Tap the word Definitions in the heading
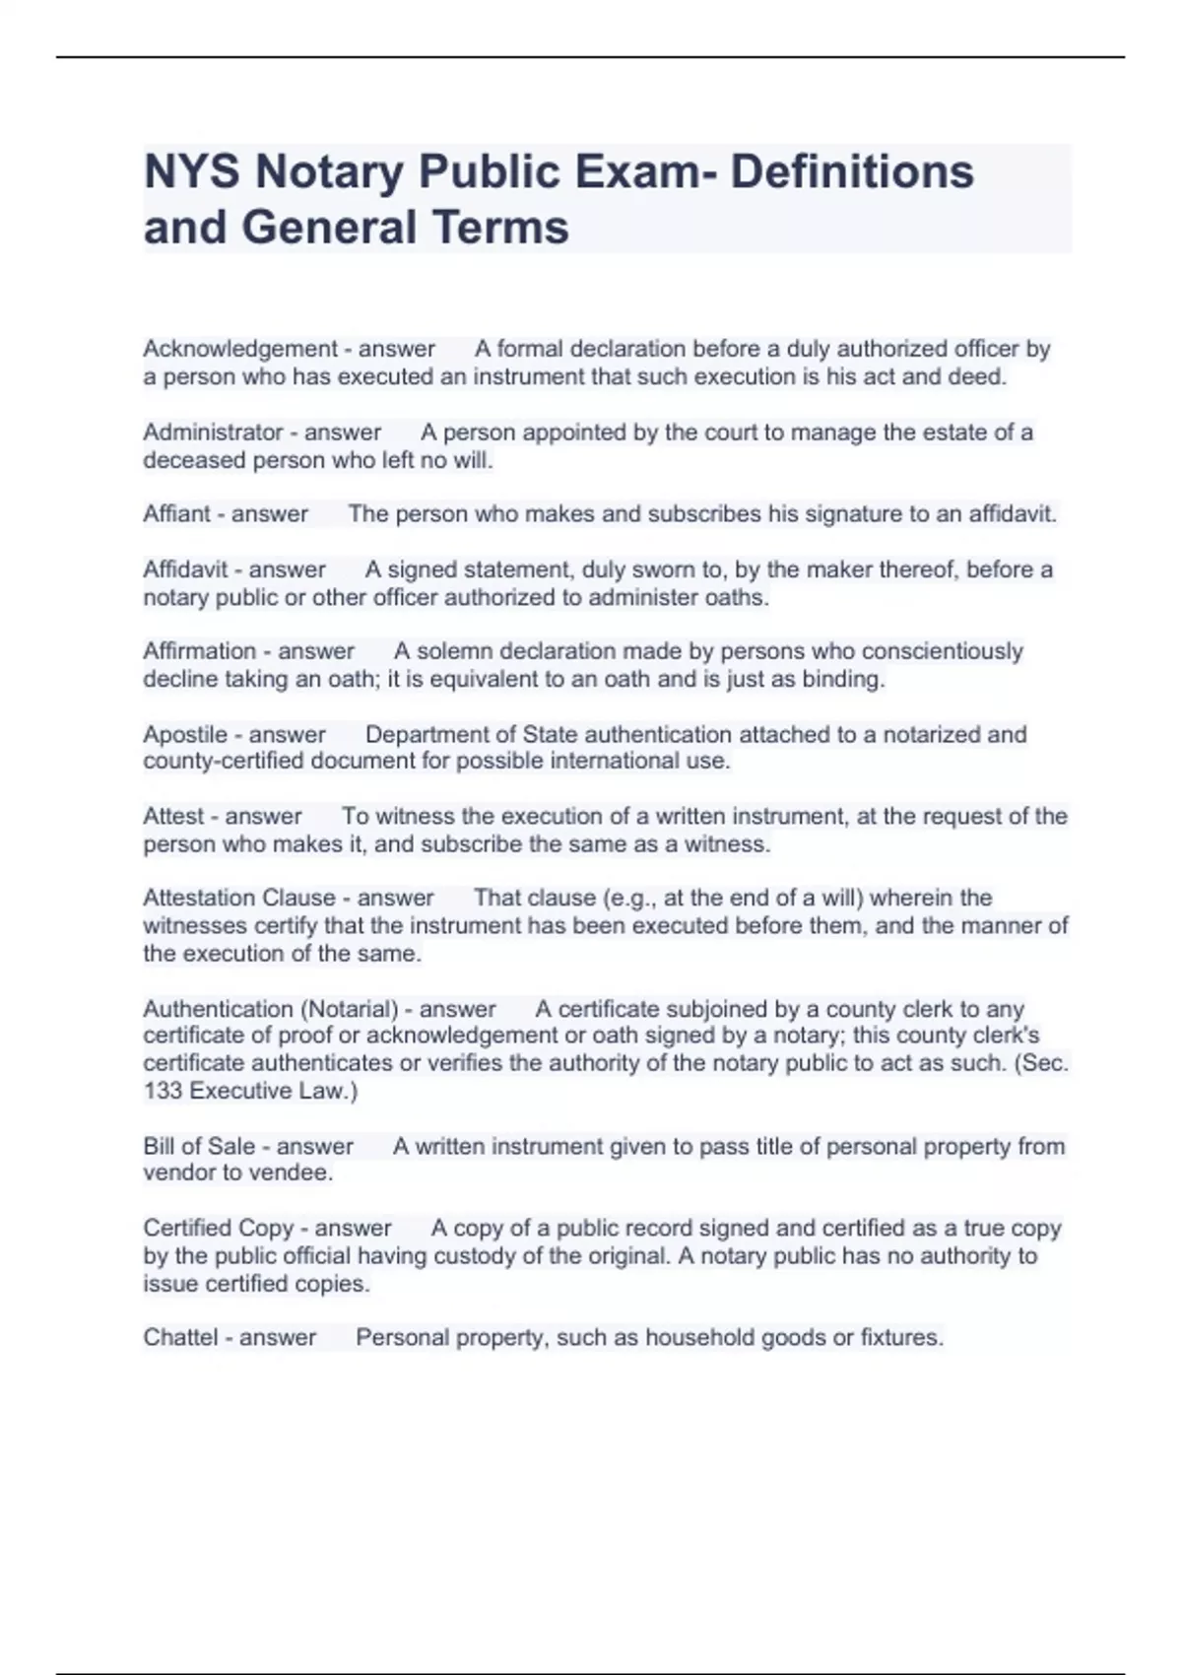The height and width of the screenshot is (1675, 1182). (x=852, y=172)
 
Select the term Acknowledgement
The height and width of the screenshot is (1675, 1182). (x=240, y=349)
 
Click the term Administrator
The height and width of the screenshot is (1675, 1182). (x=213, y=433)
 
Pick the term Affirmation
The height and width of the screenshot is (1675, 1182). (x=199, y=651)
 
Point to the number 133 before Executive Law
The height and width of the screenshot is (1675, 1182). (x=163, y=1091)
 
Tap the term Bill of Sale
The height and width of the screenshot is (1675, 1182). (x=199, y=1147)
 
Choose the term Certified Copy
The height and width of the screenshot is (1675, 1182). (x=219, y=1229)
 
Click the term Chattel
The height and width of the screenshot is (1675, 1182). (x=180, y=1338)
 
